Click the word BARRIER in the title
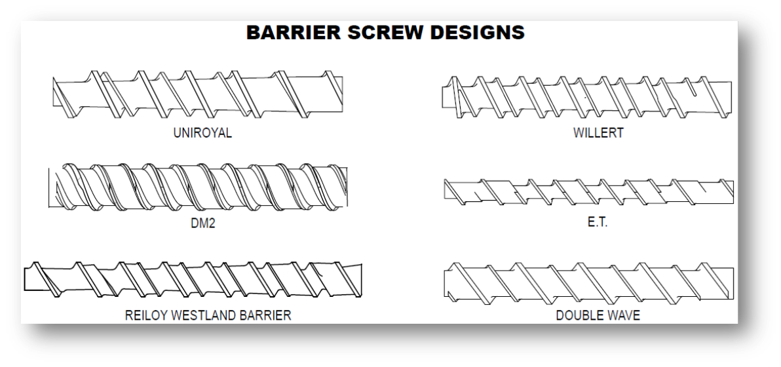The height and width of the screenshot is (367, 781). (x=294, y=32)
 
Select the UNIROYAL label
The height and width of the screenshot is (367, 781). (x=202, y=134)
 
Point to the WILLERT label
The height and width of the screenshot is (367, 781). (x=598, y=133)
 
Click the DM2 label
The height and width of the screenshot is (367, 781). (x=203, y=223)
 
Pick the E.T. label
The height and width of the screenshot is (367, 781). (x=598, y=223)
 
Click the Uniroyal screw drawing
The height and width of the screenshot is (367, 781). (x=198, y=94)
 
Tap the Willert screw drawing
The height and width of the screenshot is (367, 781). (x=587, y=97)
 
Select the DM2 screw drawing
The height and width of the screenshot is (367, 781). (x=198, y=187)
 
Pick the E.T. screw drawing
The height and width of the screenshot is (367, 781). (x=589, y=192)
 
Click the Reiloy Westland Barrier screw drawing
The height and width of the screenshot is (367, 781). (x=193, y=279)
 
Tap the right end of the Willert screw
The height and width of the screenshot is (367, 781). (x=732, y=97)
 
